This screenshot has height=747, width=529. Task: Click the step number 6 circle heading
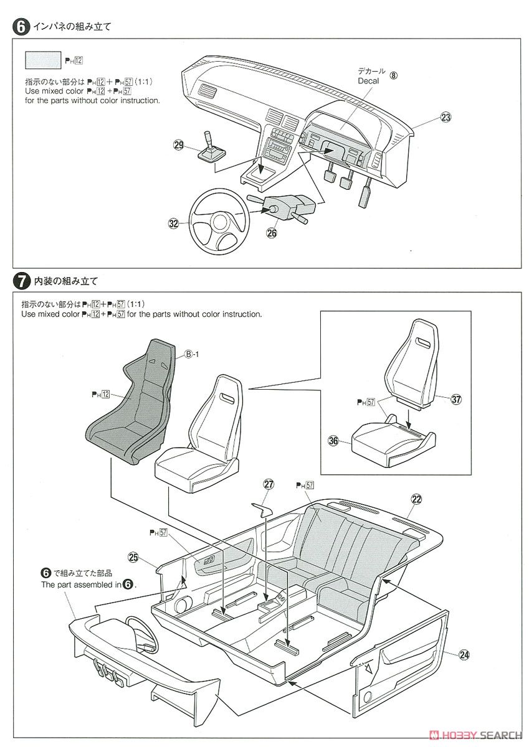point(21,27)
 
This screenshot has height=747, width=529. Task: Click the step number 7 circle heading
point(21,281)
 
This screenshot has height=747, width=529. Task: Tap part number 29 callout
point(179,144)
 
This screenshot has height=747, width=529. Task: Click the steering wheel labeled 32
point(217,218)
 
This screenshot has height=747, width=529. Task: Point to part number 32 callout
point(174,223)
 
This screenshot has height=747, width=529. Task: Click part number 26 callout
point(272,233)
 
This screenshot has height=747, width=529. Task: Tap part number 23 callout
point(445,117)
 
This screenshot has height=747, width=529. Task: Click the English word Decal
point(368,81)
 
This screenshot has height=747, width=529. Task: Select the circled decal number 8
point(393,75)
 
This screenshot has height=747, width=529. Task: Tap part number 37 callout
point(457,399)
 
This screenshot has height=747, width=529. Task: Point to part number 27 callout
point(269,484)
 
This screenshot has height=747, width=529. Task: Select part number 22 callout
point(416,498)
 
